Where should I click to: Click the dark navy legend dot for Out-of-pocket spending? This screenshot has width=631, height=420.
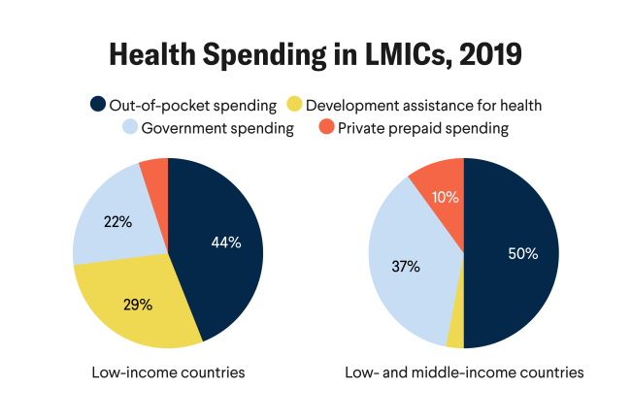pos(97,104)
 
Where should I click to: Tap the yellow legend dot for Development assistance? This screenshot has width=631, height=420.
pos(296,104)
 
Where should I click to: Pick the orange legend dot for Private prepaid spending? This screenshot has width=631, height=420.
pos(327,127)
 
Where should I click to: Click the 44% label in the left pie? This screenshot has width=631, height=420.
pos(226,242)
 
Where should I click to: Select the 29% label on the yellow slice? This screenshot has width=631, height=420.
pos(138,304)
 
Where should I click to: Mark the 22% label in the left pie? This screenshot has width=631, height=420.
pos(117,221)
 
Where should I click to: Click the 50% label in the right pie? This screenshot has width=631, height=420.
pos(521,254)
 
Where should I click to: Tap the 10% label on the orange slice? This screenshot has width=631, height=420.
pos(446,197)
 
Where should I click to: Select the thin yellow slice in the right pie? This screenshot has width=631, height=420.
pos(455,335)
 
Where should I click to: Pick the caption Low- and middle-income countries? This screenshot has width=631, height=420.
pos(464,372)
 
